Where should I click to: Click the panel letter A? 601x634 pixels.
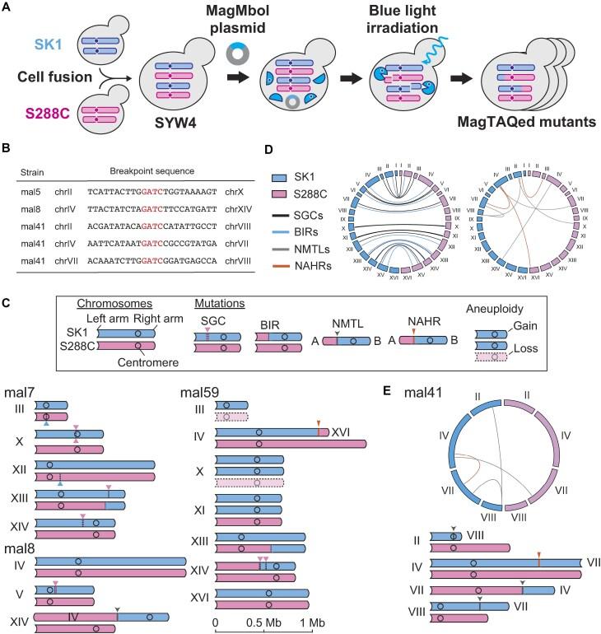8,8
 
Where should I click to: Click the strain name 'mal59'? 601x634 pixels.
234,385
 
